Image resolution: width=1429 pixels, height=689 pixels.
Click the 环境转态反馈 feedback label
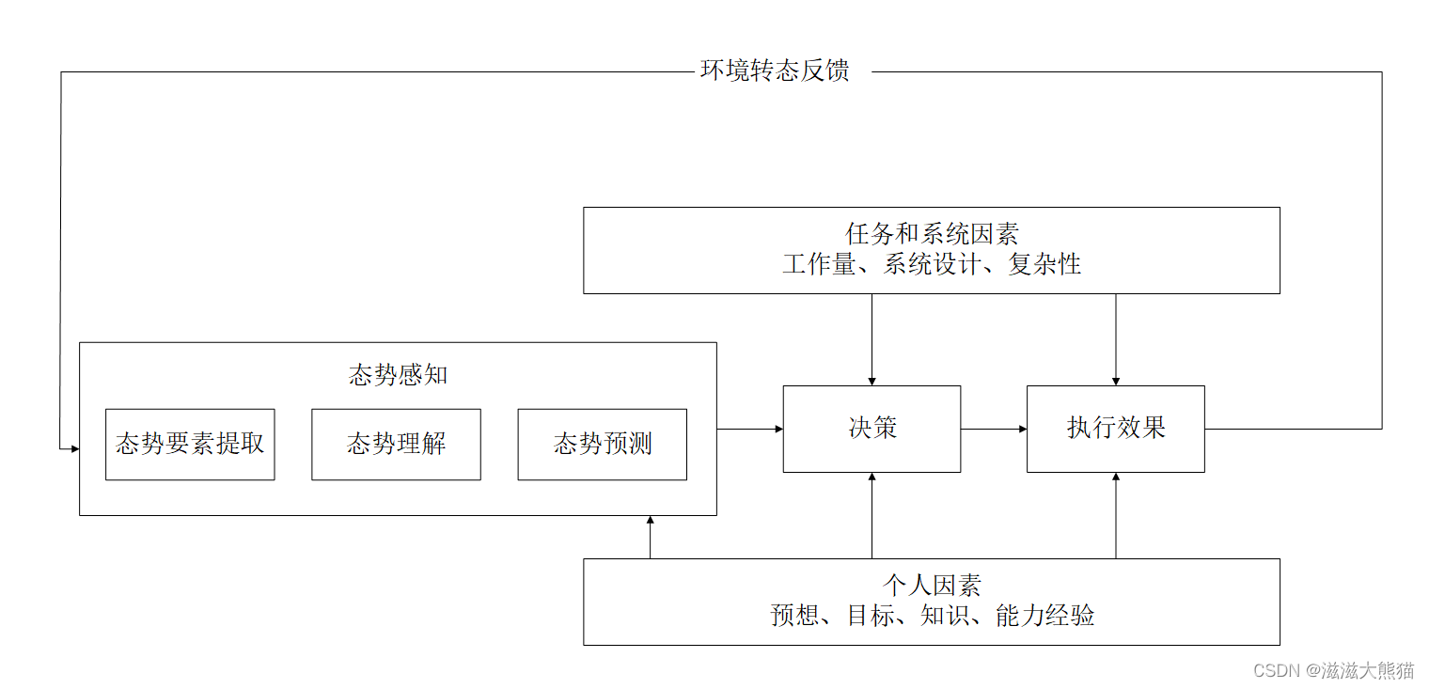click(x=775, y=71)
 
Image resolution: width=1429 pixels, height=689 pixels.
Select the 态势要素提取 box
click(x=190, y=444)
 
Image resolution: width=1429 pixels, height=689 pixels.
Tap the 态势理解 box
click(x=396, y=444)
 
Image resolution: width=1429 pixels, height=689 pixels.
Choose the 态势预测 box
click(x=602, y=444)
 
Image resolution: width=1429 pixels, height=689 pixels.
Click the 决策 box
click(x=872, y=429)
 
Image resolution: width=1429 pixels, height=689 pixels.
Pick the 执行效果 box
click(x=1115, y=429)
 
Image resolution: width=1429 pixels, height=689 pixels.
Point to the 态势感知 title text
click(x=398, y=375)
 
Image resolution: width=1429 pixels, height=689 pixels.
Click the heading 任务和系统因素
click(x=931, y=234)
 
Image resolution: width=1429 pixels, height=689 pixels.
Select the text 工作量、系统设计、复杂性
click(x=931, y=264)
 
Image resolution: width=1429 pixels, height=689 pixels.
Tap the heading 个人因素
click(x=931, y=586)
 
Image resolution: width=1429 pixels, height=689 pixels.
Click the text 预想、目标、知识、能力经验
click(x=931, y=616)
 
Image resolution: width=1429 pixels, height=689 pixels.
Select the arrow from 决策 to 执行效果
click(x=994, y=430)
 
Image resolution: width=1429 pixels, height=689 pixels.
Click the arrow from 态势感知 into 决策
click(x=749, y=430)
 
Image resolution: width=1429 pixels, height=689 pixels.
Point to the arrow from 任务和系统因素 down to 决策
click(x=872, y=339)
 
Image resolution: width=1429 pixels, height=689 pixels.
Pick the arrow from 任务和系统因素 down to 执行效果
click(x=1116, y=339)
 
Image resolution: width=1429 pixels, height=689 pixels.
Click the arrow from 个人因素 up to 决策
click(x=872, y=515)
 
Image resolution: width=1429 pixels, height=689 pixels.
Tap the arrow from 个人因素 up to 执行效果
click(x=1116, y=515)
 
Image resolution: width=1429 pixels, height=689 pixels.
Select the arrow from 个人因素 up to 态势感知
click(x=650, y=537)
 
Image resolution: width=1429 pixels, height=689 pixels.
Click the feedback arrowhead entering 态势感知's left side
click(x=73, y=448)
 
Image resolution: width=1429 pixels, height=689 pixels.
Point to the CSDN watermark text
click(x=1333, y=670)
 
